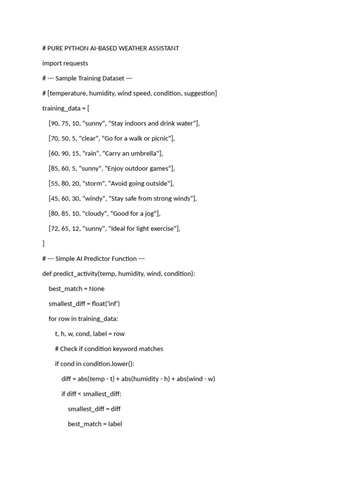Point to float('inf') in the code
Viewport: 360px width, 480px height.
[106, 303]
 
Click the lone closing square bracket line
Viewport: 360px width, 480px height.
[44, 243]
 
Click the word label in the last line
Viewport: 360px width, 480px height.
[115, 424]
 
